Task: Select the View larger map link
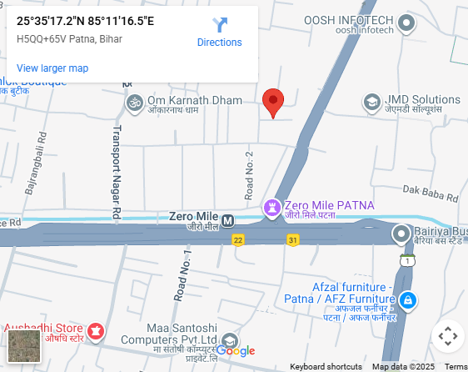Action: [x=52, y=68]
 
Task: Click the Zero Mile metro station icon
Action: [x=228, y=220]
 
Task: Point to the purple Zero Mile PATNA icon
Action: [x=272, y=206]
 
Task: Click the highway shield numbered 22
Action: [x=238, y=240]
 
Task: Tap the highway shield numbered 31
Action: [x=292, y=240]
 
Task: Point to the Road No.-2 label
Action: [x=249, y=175]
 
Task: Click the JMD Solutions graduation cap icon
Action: [x=371, y=103]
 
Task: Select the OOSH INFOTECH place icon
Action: [x=407, y=23]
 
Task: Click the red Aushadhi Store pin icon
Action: [x=96, y=332]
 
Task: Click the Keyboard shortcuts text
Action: [x=326, y=367]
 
